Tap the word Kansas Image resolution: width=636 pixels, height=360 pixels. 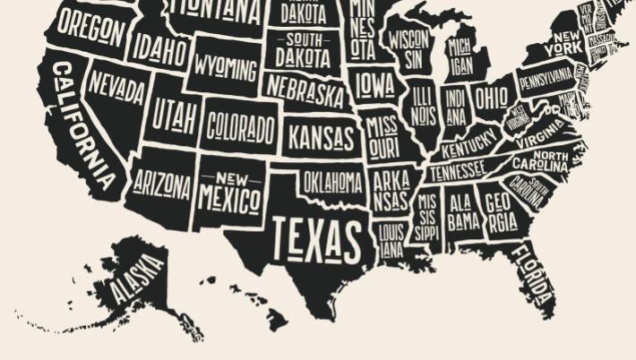(320, 139)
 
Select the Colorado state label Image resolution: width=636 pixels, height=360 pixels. (240, 129)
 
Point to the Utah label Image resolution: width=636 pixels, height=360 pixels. (174, 114)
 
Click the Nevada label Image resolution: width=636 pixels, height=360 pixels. (116, 88)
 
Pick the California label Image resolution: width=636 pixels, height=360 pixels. (84, 125)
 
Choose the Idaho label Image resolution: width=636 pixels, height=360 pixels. (160, 49)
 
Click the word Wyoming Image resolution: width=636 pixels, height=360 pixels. (226, 69)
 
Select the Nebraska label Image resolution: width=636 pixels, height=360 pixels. (305, 91)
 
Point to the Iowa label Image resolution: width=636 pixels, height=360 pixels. (374, 85)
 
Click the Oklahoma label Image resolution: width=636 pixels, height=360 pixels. (332, 183)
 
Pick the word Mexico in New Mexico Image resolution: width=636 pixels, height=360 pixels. (229, 197)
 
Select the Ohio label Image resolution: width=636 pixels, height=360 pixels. (490, 97)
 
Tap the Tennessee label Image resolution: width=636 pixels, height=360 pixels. (457, 170)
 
